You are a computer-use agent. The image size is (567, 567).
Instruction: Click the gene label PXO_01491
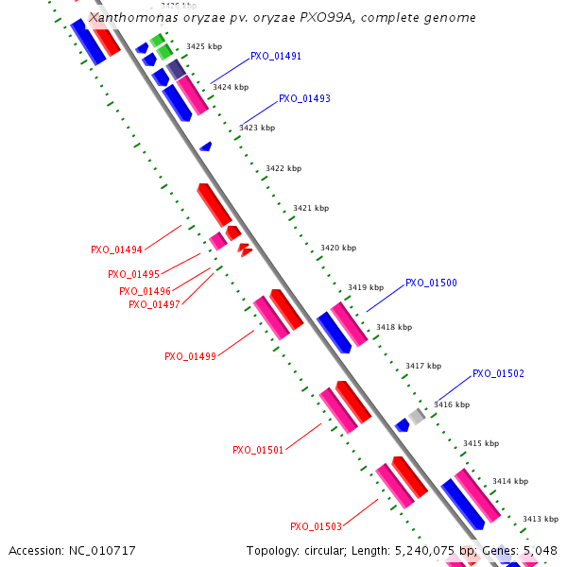[x=276, y=57]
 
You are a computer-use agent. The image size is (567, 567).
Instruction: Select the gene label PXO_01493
[x=304, y=98]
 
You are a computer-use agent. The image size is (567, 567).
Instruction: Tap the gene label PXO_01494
[x=116, y=250]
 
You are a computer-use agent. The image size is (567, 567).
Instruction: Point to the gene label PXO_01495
[x=133, y=275]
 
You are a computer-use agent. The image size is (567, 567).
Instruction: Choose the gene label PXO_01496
[x=145, y=292]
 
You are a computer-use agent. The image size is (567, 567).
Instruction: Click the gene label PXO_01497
[x=154, y=304]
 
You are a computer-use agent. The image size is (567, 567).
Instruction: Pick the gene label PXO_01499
[x=190, y=357]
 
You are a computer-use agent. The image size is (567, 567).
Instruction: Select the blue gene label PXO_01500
[x=431, y=283]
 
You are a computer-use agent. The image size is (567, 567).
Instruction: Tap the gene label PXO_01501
[x=258, y=451]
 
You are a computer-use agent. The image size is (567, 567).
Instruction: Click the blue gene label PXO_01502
[x=498, y=374]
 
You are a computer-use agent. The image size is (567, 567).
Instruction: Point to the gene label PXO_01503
[x=316, y=527]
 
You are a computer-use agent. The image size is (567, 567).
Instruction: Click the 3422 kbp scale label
[x=283, y=168]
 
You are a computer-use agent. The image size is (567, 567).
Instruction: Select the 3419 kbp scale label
[x=366, y=287]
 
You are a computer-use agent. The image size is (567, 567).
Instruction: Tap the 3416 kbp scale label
[x=451, y=404]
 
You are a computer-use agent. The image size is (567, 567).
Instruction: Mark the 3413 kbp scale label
[x=541, y=519]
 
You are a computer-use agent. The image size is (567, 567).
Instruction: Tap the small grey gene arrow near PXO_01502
[x=417, y=416]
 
